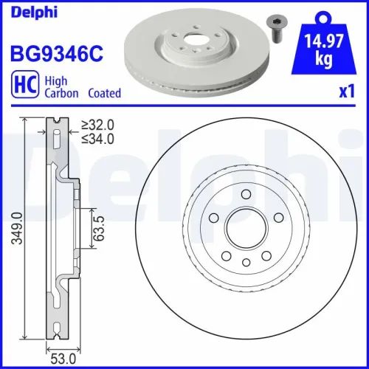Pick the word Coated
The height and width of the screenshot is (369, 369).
tap(104, 94)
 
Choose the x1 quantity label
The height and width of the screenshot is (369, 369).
tap(347, 94)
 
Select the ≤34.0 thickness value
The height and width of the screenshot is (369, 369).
tap(99, 140)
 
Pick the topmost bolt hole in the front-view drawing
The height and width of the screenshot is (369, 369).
tap(244, 194)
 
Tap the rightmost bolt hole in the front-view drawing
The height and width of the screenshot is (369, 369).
tap(277, 218)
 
